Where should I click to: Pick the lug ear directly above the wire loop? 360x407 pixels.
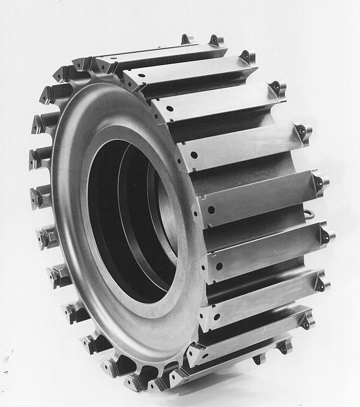point(320,182)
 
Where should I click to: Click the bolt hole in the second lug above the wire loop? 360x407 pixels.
point(302,130)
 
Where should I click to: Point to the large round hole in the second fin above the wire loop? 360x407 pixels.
point(194,155)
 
